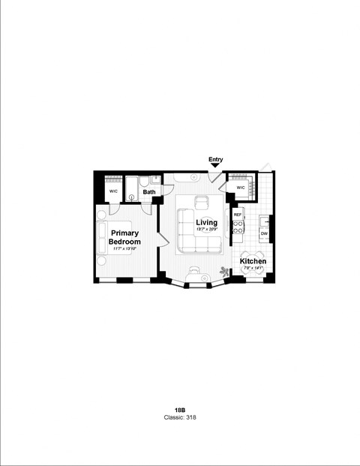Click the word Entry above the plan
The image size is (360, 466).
(216, 159)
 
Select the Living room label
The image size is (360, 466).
(206, 223)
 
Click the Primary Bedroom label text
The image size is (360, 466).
(124, 238)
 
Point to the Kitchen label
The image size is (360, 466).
(253, 262)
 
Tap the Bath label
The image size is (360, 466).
(150, 192)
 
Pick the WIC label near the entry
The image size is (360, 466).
(241, 188)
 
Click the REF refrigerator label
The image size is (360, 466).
(238, 215)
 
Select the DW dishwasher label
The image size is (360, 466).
(264, 234)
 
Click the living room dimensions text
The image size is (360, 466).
(206, 230)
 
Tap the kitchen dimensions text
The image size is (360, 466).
(253, 269)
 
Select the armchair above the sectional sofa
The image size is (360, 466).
(201, 201)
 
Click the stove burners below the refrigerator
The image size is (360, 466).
(238, 233)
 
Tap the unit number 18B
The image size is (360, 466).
(180, 410)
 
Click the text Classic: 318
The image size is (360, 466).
(180, 417)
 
